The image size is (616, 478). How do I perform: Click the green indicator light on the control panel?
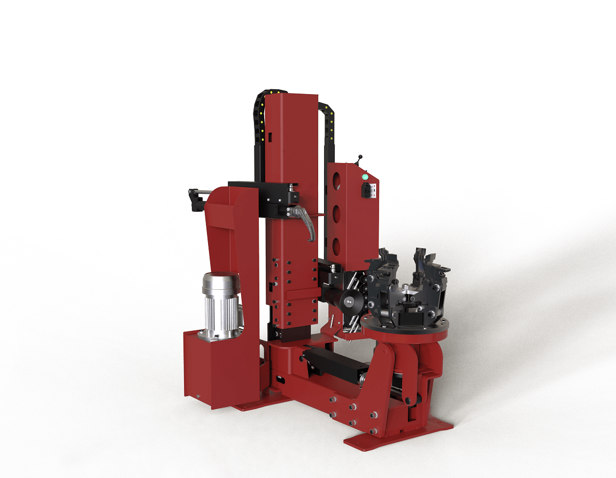(365, 176)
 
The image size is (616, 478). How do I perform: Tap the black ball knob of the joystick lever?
(359, 157)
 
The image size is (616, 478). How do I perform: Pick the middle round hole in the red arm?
(337, 215)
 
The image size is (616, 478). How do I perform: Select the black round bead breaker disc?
(350, 302)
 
